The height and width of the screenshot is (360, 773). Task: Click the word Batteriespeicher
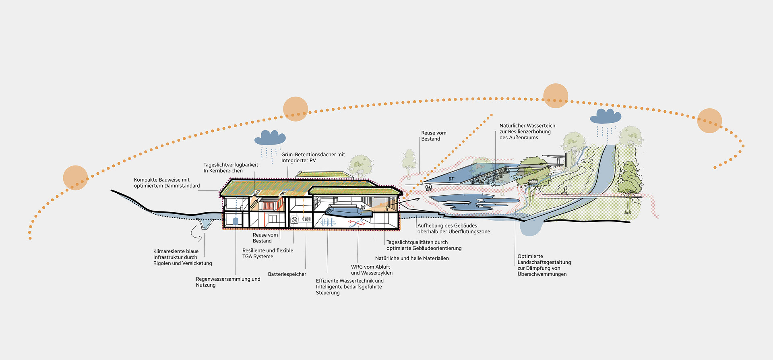pyautogui.click(x=287, y=274)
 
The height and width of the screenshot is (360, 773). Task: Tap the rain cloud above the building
pyautogui.click(x=270, y=138)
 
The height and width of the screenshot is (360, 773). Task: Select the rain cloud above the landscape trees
pyautogui.click(x=606, y=116)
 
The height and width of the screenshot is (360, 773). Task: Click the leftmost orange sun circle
pyautogui.click(x=75, y=178)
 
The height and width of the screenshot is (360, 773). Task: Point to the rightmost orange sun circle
pyautogui.click(x=709, y=120)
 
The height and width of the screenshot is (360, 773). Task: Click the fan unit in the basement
pyautogui.click(x=294, y=219)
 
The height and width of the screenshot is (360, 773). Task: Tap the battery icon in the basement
pyautogui.click(x=307, y=219)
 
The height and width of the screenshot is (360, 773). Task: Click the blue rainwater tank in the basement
pyautogui.click(x=236, y=221)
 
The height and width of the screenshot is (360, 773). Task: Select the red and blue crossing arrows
pyautogui.click(x=356, y=223)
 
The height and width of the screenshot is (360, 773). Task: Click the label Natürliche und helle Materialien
pyautogui.click(x=412, y=259)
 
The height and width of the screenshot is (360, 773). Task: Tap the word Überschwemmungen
pyautogui.click(x=542, y=274)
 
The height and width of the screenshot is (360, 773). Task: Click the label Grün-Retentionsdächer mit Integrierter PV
pyautogui.click(x=313, y=157)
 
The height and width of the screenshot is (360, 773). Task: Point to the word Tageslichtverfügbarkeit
pyautogui.click(x=231, y=165)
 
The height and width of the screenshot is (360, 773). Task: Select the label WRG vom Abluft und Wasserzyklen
pyautogui.click(x=372, y=270)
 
